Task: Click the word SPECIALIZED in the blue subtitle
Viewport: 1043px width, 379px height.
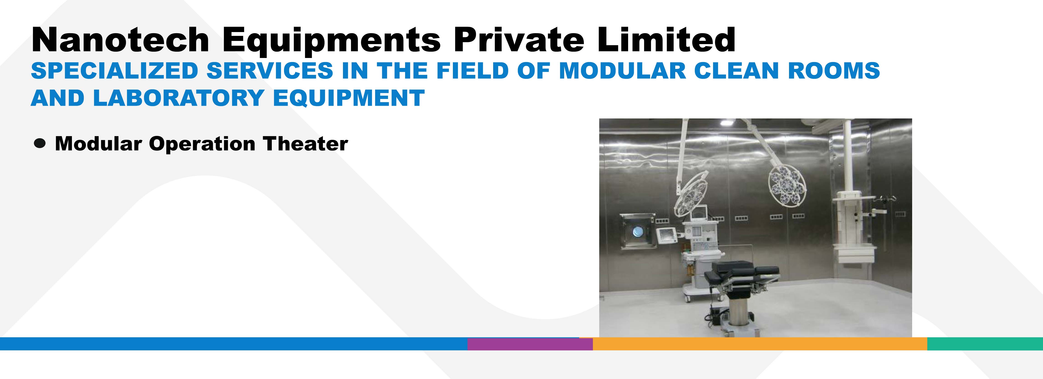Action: click(x=114, y=71)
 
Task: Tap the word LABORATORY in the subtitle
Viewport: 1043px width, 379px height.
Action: click(x=179, y=98)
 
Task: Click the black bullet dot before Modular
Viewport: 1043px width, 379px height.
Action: click(x=40, y=144)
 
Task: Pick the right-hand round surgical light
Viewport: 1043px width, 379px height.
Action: click(x=787, y=186)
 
